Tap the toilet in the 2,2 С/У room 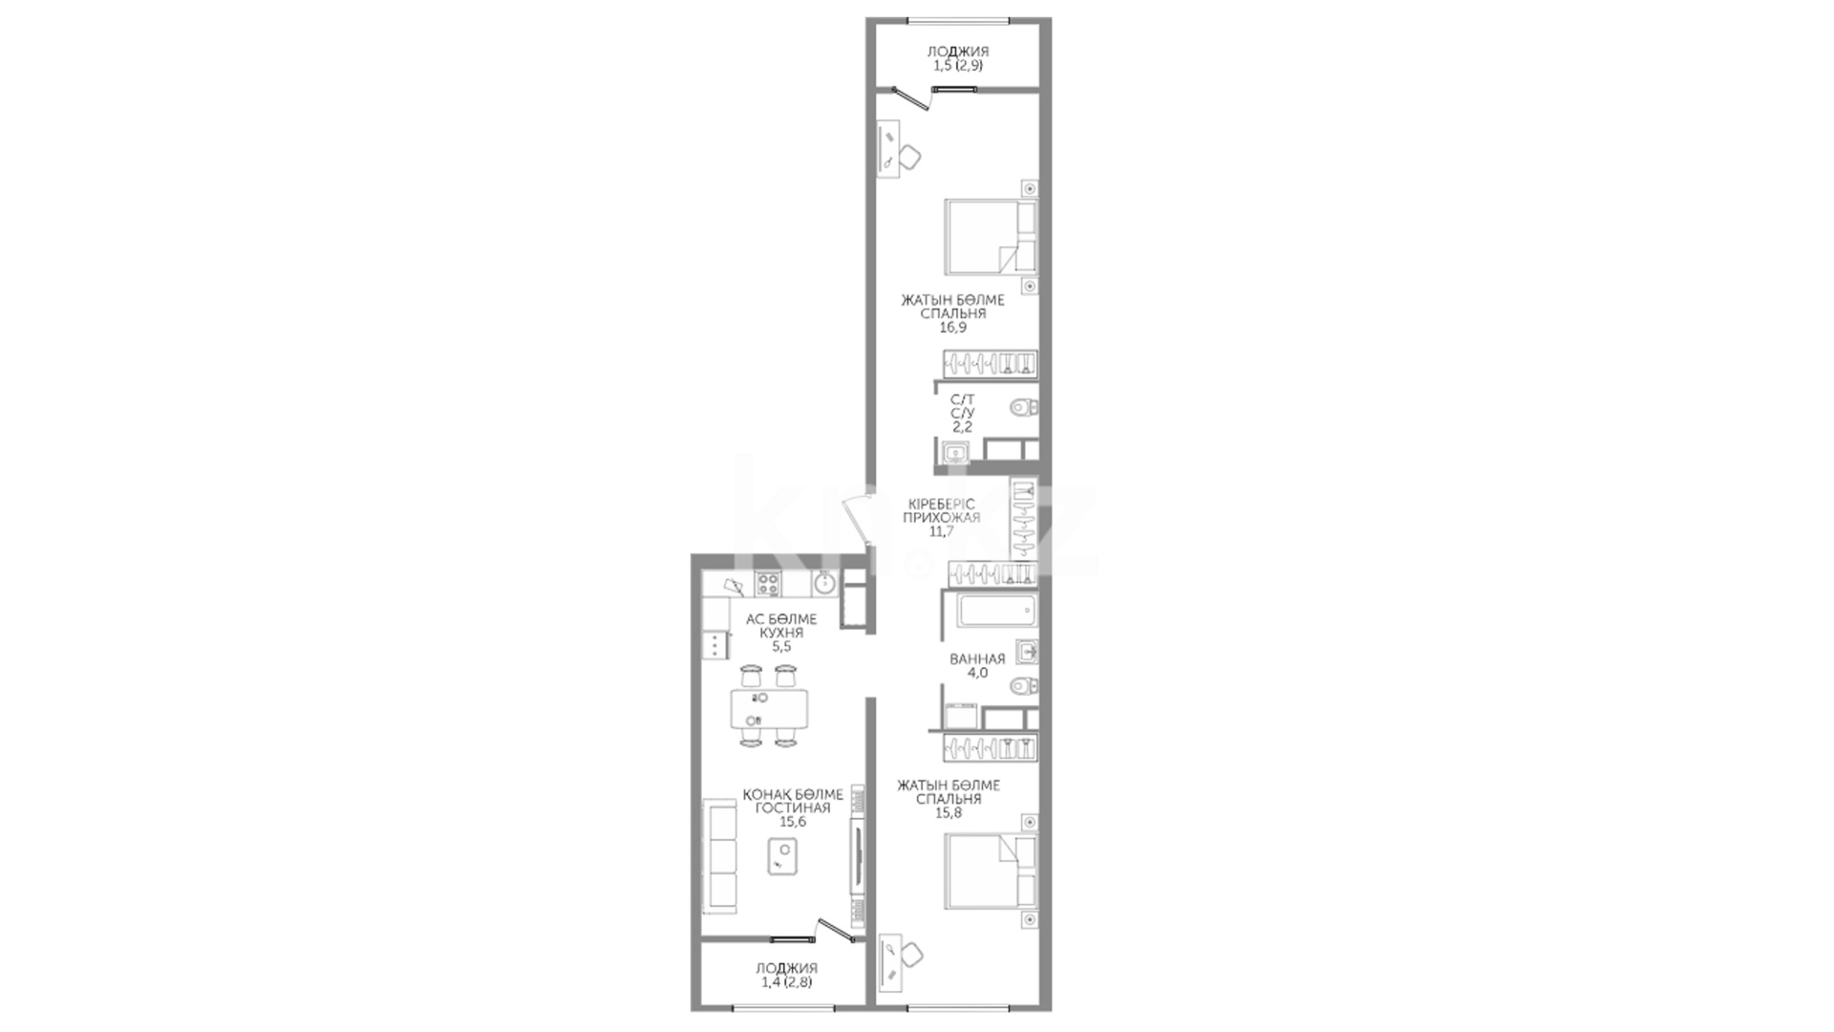[1024, 408]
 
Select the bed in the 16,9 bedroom [991, 236]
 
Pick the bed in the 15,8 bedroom [991, 871]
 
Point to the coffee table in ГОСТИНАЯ [783, 855]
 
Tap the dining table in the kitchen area [769, 709]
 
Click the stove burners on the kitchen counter [769, 583]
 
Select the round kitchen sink [824, 582]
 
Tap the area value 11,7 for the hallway [941, 531]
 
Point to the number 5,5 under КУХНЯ [781, 646]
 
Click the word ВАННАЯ [976, 658]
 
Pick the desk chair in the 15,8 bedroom [912, 953]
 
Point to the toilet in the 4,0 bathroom [1024, 685]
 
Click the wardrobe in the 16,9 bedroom [991, 363]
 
